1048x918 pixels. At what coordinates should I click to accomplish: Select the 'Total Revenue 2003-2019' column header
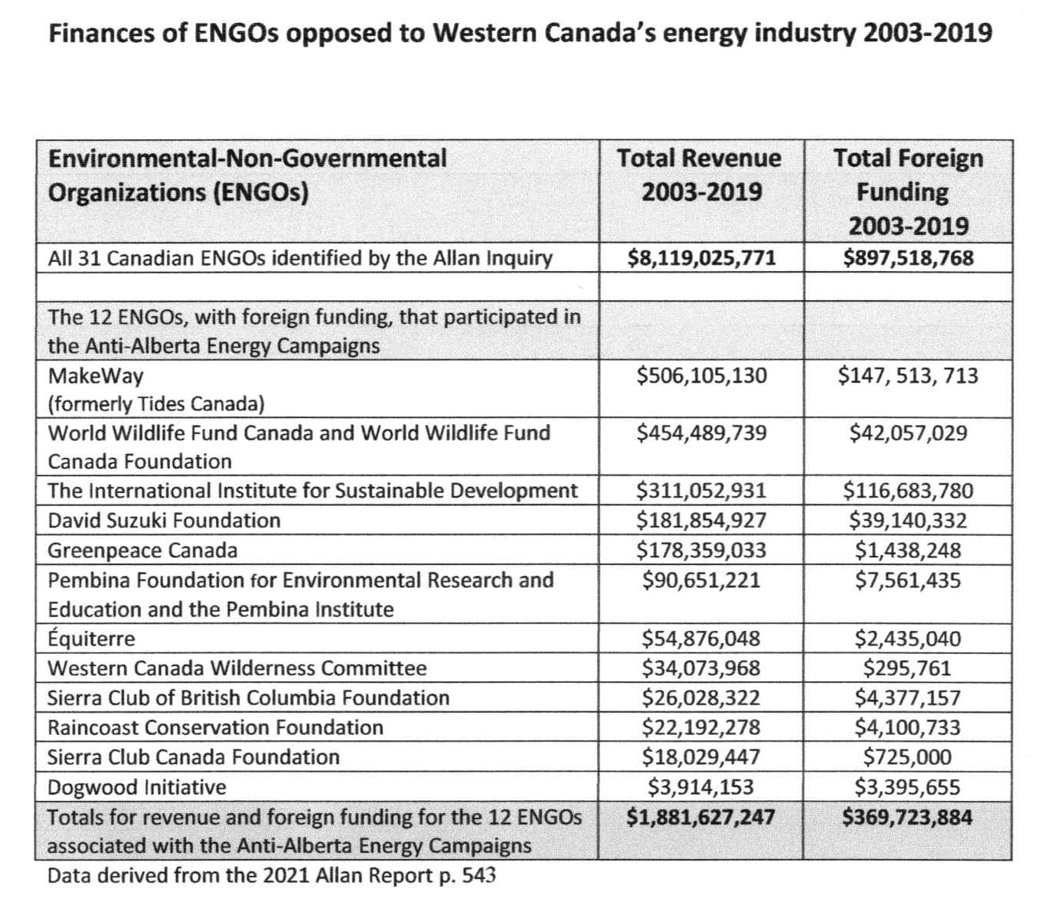point(700,175)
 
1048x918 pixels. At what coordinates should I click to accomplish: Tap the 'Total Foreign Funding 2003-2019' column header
point(908,191)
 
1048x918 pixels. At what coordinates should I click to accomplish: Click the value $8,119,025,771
point(700,258)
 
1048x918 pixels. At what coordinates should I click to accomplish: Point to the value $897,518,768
point(908,258)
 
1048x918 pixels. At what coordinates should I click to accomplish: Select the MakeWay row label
point(96,376)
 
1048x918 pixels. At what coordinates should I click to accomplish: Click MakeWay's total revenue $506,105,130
point(701,376)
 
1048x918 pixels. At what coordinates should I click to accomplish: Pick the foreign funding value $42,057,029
point(908,433)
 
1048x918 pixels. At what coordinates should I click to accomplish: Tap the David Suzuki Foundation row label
point(164,521)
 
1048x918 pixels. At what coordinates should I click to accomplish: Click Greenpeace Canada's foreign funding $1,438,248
point(908,550)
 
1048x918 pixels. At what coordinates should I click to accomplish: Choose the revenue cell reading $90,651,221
point(701,580)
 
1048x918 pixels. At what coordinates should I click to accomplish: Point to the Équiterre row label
point(91,639)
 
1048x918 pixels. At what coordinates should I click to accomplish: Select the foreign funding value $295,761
point(908,668)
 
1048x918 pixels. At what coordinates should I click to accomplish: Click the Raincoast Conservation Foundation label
point(215,727)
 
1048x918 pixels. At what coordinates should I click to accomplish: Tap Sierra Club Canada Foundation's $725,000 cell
point(908,757)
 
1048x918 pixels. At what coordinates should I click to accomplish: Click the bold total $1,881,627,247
point(700,817)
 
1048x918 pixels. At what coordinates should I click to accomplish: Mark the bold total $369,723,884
point(908,817)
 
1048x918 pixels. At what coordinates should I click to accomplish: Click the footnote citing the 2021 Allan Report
point(271,875)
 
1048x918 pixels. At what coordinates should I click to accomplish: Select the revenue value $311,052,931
point(701,491)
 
